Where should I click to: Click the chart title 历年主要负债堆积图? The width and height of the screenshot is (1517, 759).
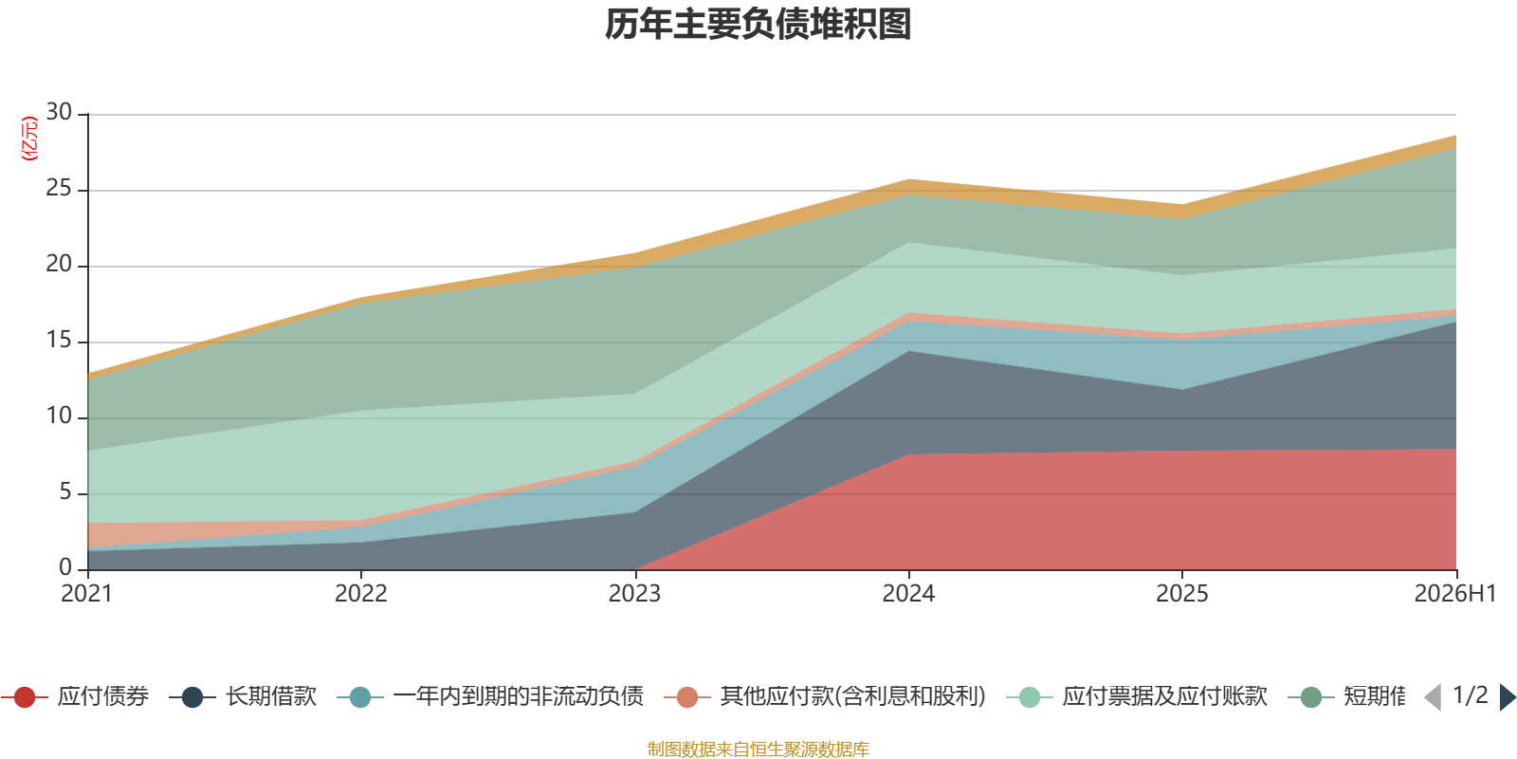pos(758,25)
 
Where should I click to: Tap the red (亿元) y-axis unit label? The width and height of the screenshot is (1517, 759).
pos(29,139)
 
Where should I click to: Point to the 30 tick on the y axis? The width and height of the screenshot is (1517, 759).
pos(59,112)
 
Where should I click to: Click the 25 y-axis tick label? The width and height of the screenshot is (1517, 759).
pos(59,188)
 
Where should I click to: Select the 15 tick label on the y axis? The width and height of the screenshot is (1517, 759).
pos(59,340)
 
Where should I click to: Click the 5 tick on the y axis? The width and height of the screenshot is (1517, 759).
pos(65,491)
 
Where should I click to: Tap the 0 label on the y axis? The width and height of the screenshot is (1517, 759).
pos(65,567)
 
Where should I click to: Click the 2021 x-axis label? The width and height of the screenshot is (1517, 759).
pos(86,594)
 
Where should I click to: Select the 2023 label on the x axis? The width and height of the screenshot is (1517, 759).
pos(634,594)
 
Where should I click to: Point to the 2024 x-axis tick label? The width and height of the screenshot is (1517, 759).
pos(908,594)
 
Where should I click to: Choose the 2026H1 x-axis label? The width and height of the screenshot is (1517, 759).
pos(1455,594)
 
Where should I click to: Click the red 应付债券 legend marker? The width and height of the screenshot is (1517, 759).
pos(25,697)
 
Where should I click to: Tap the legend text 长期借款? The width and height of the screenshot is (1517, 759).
pos(271,696)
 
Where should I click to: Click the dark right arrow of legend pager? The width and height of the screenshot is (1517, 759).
pos(1508,697)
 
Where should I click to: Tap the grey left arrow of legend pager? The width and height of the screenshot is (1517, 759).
pos(1433,697)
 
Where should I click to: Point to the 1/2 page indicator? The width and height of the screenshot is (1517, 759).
pos(1471,696)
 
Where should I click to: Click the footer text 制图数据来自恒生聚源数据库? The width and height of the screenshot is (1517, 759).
pos(758,749)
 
